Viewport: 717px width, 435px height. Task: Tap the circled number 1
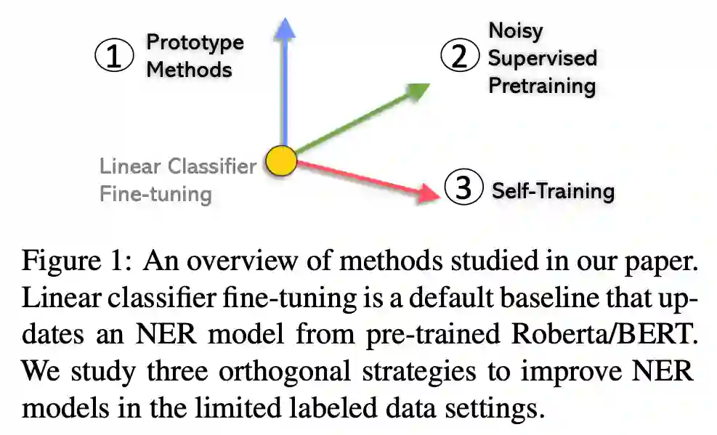click(x=115, y=57)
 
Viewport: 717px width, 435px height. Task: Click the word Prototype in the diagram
click(x=195, y=42)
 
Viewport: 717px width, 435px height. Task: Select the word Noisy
click(x=515, y=31)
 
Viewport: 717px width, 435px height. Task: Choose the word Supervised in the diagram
click(x=542, y=58)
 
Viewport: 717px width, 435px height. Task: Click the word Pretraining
click(x=541, y=86)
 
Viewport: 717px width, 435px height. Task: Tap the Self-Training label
click(x=553, y=191)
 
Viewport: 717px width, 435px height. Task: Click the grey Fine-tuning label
click(x=155, y=194)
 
